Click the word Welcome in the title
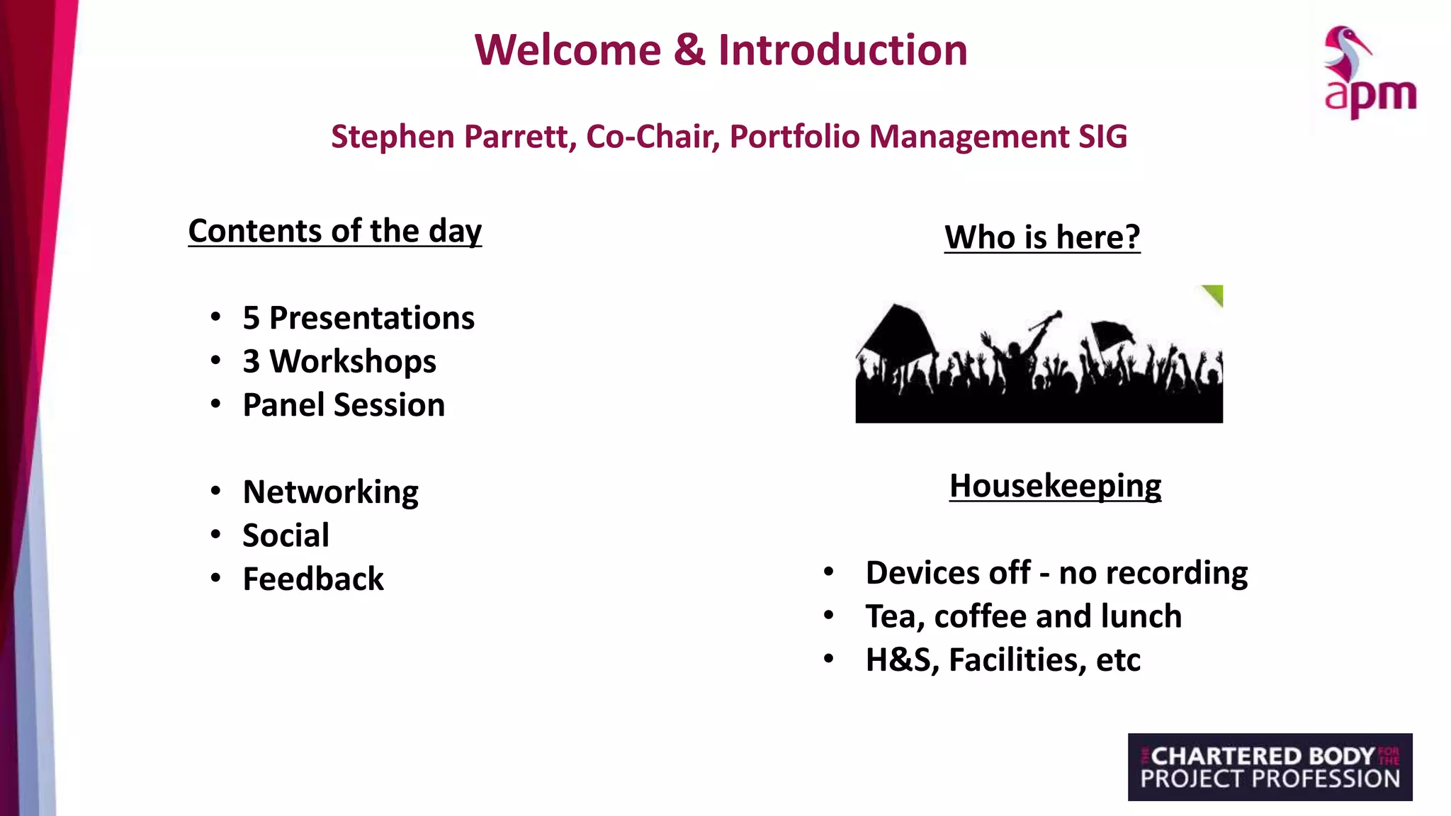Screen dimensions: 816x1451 coord(568,50)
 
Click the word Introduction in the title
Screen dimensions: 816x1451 coord(842,50)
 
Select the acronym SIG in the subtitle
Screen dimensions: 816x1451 coord(1102,137)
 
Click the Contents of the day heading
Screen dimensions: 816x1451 coord(334,231)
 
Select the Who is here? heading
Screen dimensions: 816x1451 coord(1042,237)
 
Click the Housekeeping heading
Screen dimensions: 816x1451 coord(1055,486)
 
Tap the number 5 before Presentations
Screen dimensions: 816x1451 coord(251,318)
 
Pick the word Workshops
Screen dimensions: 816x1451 coord(353,361)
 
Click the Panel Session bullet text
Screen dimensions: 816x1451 coord(344,405)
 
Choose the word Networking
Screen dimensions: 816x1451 coord(330,492)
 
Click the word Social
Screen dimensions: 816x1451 coord(286,535)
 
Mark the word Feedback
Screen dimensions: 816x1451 coord(313,579)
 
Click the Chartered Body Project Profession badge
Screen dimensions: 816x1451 coord(1270,767)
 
